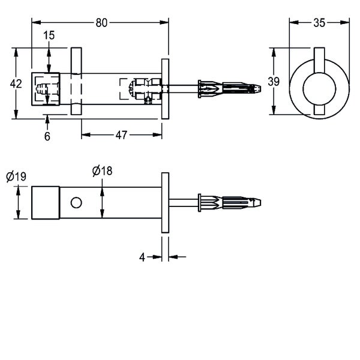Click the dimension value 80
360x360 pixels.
pos(101,23)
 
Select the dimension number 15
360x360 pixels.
pos(49,35)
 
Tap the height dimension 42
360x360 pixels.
pos(17,84)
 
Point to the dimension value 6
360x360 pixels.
pos(47,137)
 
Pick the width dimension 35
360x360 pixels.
pos(319,23)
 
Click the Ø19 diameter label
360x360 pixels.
pos(16,177)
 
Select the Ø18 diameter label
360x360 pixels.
pos(102,171)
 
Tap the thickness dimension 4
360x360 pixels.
pos(142,257)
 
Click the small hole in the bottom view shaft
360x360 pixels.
pos(76,203)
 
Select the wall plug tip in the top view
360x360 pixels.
pos(257,89)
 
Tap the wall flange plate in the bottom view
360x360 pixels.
pos(164,203)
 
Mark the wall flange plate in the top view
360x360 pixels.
pos(164,89)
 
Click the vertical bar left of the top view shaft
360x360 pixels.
pos(76,82)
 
